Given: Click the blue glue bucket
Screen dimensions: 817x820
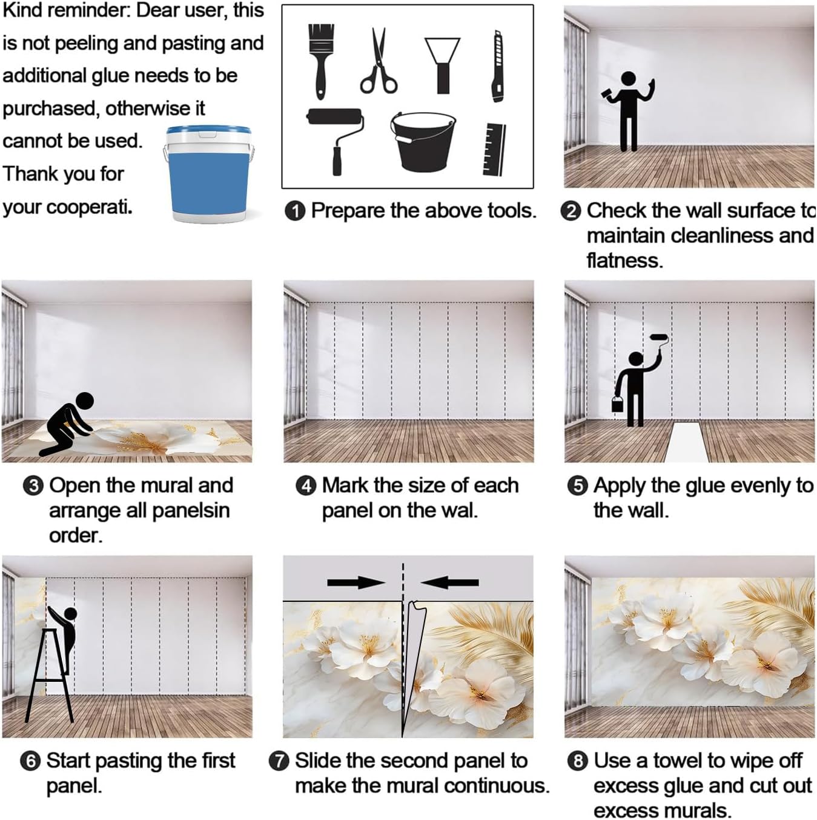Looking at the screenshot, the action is coord(208,175).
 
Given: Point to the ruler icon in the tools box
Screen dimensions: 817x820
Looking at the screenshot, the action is coord(494,149).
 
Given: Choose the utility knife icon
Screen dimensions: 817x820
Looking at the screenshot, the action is coord(498,66).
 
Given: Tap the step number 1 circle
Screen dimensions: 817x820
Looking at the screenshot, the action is coord(295,211).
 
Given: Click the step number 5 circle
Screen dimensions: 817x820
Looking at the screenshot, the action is coord(578,486).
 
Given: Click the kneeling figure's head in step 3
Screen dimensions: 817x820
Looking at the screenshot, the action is coord(85,401).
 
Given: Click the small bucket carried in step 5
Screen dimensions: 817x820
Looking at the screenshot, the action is coord(618,404).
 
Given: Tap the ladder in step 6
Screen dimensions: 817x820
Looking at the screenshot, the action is coord(49,675).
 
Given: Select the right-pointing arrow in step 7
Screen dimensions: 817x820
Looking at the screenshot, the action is coord(356,582).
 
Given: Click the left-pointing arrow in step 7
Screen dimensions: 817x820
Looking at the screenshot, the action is coord(450,582).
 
